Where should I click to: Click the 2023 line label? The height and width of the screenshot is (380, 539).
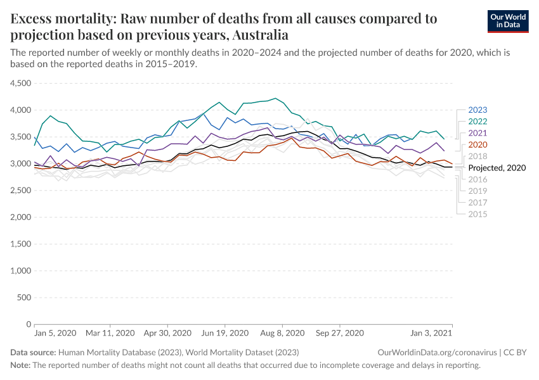[477, 110]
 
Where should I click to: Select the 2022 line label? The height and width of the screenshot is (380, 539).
[477, 122]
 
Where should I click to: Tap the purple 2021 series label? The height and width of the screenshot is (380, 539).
[477, 133]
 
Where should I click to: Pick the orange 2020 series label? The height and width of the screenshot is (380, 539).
[477, 144]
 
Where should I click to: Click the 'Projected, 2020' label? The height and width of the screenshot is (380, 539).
[498, 168]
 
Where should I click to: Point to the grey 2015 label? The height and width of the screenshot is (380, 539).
[477, 214]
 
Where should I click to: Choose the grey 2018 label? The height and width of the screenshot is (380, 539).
[477, 156]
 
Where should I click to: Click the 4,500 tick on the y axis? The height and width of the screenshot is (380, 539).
[21, 83]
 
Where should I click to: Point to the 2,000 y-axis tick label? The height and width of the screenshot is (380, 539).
[21, 217]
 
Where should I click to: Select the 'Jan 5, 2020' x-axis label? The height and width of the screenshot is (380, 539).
[55, 332]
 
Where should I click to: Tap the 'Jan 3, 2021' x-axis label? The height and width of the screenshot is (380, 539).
[431, 332]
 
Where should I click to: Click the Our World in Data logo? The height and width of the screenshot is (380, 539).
[507, 21]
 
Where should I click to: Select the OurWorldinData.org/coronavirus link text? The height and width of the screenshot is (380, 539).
[437, 352]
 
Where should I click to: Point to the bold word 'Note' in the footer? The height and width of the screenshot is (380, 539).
[20, 365]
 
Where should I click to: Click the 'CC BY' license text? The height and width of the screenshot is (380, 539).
[516, 352]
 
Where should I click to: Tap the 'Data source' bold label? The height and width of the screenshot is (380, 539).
[33, 352]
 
